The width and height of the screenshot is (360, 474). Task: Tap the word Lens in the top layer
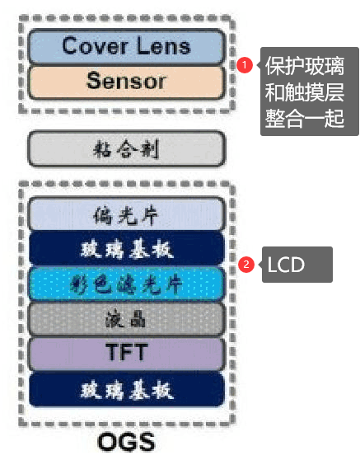point(164,45)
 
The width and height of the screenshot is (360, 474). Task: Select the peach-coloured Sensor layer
point(127,82)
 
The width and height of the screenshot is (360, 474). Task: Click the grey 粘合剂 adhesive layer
point(127,148)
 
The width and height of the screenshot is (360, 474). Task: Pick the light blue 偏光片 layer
point(127,214)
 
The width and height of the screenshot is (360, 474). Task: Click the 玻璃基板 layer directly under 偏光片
point(127,248)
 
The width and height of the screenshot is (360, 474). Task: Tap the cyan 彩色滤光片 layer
point(127,284)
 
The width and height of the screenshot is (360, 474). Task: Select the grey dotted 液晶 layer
point(127,319)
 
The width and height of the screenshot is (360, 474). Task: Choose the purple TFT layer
point(127,354)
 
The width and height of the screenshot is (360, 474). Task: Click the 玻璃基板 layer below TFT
point(127,389)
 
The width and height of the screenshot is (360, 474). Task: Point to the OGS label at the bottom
point(127,442)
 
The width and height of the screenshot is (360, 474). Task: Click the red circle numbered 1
point(245,64)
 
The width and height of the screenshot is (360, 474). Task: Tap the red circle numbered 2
point(246,265)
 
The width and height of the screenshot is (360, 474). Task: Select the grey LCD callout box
point(297,265)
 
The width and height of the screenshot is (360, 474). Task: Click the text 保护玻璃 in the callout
point(305,66)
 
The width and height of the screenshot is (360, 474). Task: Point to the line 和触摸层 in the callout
point(305,92)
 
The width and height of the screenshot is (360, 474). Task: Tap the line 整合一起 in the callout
point(305,118)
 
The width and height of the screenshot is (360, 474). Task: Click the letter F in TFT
point(127,352)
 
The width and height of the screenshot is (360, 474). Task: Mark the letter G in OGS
point(127,442)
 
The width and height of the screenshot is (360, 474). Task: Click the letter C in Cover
point(70,45)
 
